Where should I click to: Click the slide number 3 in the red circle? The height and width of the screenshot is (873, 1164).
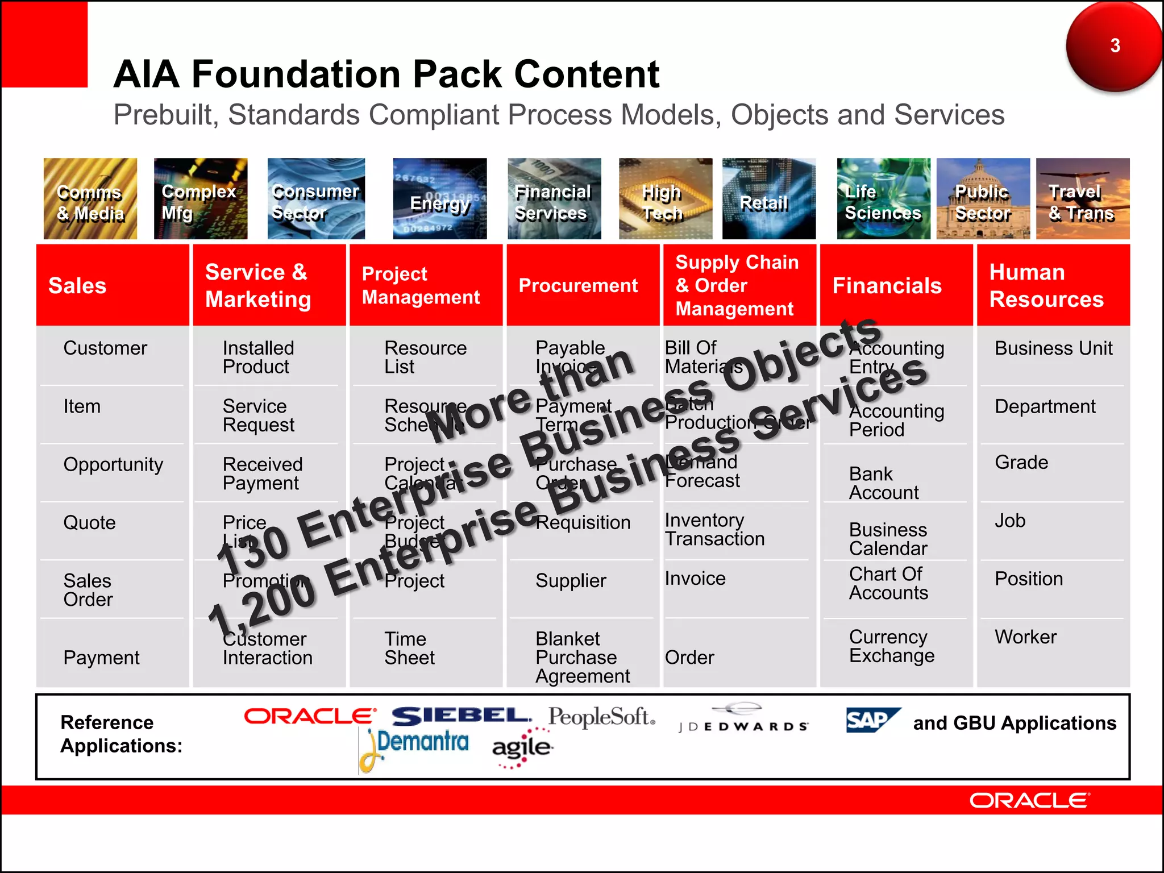(x=1115, y=45)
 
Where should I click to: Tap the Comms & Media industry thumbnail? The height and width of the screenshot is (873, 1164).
(x=90, y=199)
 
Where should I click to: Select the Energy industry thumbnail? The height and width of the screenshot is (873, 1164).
(x=440, y=199)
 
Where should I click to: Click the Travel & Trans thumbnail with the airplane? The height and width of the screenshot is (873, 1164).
(x=1082, y=199)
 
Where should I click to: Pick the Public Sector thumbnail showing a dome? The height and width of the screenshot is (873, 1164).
(x=983, y=199)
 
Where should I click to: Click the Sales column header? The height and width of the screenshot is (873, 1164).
(x=112, y=285)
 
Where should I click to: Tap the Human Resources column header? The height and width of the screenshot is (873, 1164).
(x=1053, y=285)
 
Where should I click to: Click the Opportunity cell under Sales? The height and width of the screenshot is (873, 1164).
(x=113, y=465)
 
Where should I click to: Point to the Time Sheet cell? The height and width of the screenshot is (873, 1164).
(x=409, y=648)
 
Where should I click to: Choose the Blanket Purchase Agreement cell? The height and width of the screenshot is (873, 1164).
(x=582, y=657)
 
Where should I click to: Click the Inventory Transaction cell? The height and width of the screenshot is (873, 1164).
(x=714, y=529)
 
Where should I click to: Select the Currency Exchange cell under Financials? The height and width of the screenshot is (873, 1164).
(x=891, y=646)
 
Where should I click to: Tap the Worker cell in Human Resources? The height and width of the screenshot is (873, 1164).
(x=1025, y=637)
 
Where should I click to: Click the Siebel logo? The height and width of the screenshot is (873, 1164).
(x=461, y=716)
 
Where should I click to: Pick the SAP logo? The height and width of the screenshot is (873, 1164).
(x=872, y=720)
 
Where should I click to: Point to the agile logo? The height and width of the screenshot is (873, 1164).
(x=522, y=748)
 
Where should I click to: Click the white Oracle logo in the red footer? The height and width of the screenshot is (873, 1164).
(x=1029, y=801)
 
